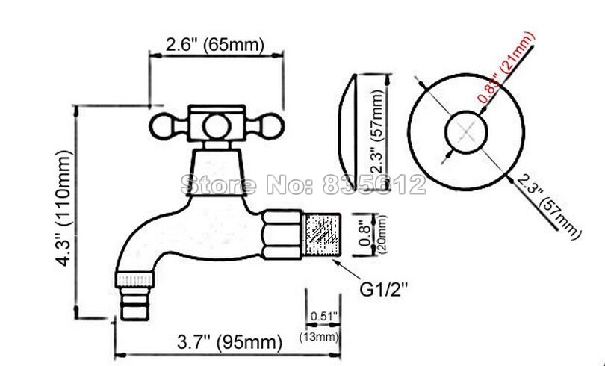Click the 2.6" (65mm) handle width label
[x=215, y=45]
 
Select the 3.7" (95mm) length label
[x=229, y=341]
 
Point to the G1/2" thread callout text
[x=383, y=289]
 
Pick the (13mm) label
[x=320, y=337]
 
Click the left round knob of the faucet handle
[x=161, y=126]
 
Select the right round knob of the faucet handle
[x=273, y=126]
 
